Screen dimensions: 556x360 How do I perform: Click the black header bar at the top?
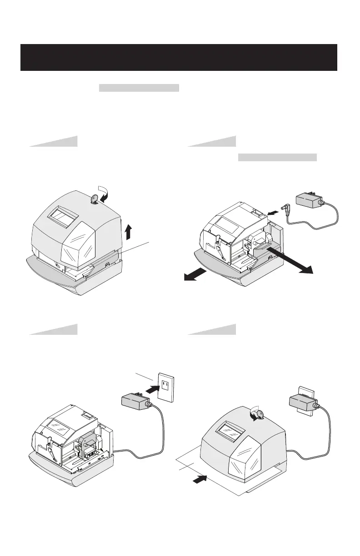click(x=179, y=58)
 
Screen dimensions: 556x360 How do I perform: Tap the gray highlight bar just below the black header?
click(x=139, y=88)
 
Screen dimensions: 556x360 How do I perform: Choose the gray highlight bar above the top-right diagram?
click(x=277, y=158)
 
